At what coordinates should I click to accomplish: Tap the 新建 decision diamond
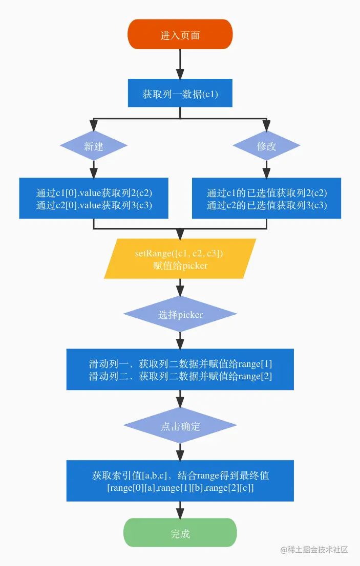pyautogui.click(x=93, y=146)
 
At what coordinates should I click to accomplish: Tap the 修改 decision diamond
pyautogui.click(x=266, y=146)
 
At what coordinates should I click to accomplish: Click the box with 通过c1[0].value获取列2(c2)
pyautogui.click(x=94, y=199)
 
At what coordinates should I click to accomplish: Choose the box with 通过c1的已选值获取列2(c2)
pyautogui.click(x=266, y=199)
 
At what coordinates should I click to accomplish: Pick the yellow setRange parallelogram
pyautogui.click(x=180, y=259)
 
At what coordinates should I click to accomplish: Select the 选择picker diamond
pyautogui.click(x=180, y=314)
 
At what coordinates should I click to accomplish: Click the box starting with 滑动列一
pyautogui.click(x=180, y=369)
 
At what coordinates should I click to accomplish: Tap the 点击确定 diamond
pyautogui.click(x=180, y=426)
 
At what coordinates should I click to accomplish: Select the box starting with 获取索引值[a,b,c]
pyautogui.click(x=180, y=481)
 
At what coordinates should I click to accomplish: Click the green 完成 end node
pyautogui.click(x=180, y=533)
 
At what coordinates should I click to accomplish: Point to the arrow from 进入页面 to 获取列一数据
pyautogui.click(x=180, y=64)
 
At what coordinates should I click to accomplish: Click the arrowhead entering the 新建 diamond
pyautogui.click(x=93, y=126)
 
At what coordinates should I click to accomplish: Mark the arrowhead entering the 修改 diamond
pyautogui.click(x=266, y=126)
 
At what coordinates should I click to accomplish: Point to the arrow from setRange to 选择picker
pyautogui.click(x=180, y=288)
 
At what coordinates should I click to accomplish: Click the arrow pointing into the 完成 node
pyautogui.click(x=180, y=510)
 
